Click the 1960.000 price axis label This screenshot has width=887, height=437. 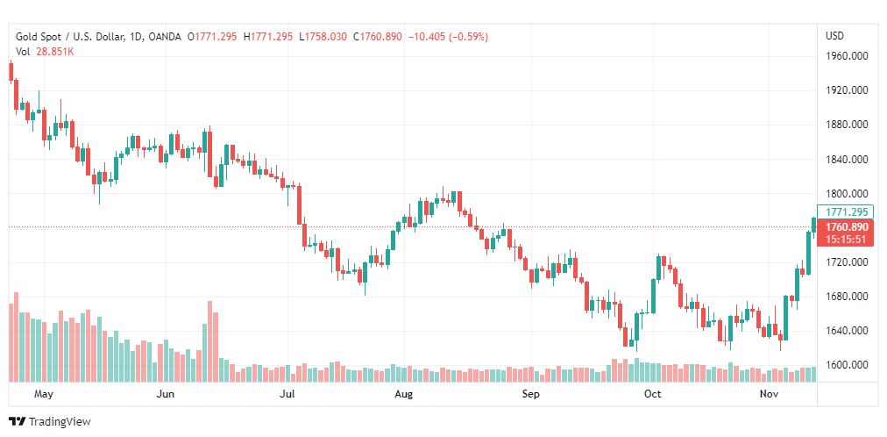tap(847, 56)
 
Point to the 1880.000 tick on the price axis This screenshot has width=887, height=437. tap(847, 125)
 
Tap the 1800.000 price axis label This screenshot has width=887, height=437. tap(847, 194)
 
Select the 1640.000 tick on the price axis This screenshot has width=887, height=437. tap(847, 331)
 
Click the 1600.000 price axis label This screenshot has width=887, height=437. tap(847, 365)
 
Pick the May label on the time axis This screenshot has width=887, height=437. tap(44, 395)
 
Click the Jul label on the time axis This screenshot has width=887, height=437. tap(287, 395)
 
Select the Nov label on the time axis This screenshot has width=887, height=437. tap(768, 395)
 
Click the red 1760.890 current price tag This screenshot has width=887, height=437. tap(846, 227)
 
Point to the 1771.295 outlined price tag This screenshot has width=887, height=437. tap(846, 211)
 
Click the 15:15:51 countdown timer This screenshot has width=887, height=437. tap(846, 239)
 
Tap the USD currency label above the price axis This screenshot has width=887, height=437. tap(834, 36)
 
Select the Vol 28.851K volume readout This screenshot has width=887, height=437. tap(44, 52)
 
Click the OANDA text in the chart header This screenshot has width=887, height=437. tap(166, 37)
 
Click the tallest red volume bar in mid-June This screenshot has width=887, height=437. tap(210, 341)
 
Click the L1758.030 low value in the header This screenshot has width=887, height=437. tap(323, 37)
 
